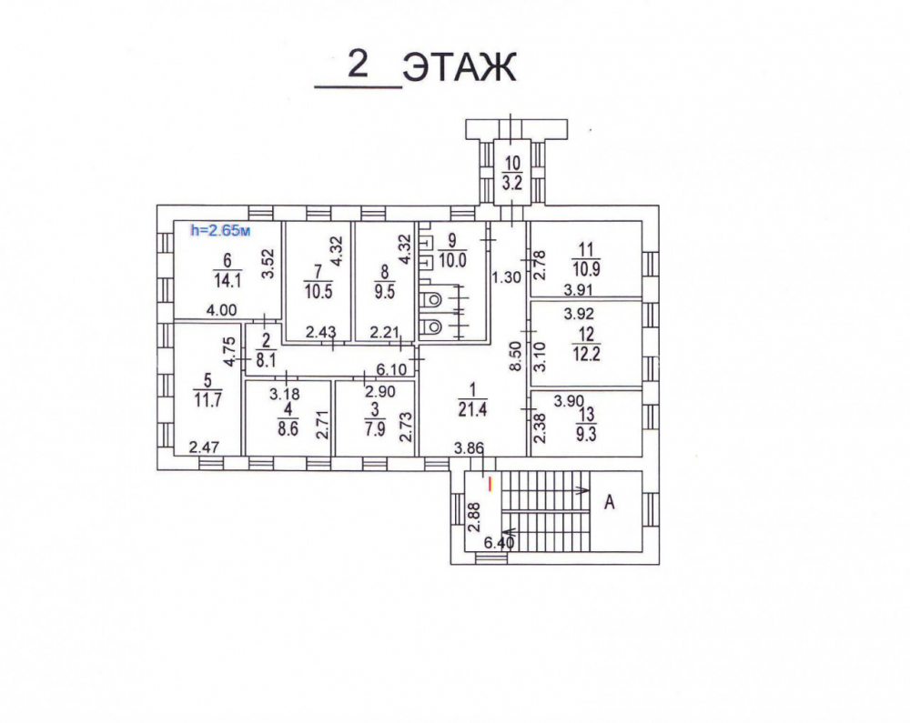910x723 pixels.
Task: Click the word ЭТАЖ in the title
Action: coord(460,67)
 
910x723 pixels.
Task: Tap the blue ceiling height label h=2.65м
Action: coord(220,230)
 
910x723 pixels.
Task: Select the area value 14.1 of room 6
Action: coord(227,281)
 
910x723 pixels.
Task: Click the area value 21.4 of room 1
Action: coord(472,410)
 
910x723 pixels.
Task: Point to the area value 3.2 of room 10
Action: coord(511,184)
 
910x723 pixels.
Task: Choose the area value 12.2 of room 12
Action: coord(586,354)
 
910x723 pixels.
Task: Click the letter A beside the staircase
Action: coord(610,502)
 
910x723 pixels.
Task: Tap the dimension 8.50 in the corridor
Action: coord(516,356)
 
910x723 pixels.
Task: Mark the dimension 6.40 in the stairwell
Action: coord(499,543)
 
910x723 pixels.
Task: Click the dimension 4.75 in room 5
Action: coord(230,351)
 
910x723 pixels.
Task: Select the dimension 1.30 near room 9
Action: coord(507,277)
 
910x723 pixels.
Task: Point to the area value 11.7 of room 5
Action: coord(207,400)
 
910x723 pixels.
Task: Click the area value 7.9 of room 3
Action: coord(375,430)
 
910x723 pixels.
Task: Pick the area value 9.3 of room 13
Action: coord(586,435)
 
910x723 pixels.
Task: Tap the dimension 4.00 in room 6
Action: coord(222,310)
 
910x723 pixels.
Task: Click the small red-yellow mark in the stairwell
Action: coord(491,484)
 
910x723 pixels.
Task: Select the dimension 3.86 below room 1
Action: coord(469,447)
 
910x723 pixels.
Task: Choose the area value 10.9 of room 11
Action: coord(586,269)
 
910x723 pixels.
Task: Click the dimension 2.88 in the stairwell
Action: coord(475,517)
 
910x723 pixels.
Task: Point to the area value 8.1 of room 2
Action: coord(266,361)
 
